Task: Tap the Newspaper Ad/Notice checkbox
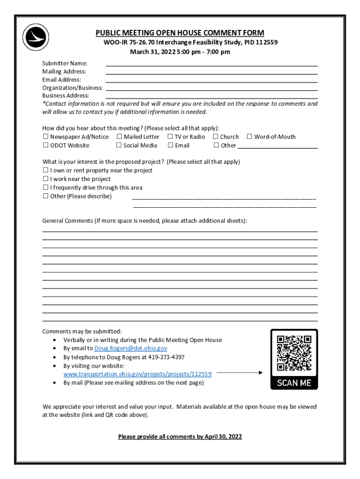point(45,137)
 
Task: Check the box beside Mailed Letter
point(119,137)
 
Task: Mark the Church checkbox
point(216,137)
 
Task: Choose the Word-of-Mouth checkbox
point(250,137)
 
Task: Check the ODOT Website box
point(45,145)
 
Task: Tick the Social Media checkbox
point(119,145)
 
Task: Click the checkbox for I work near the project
point(45,179)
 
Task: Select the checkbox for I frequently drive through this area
point(45,188)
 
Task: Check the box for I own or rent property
point(45,171)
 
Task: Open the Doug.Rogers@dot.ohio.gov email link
point(130,348)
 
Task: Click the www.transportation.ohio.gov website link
point(137,374)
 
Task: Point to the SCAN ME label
point(294,383)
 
